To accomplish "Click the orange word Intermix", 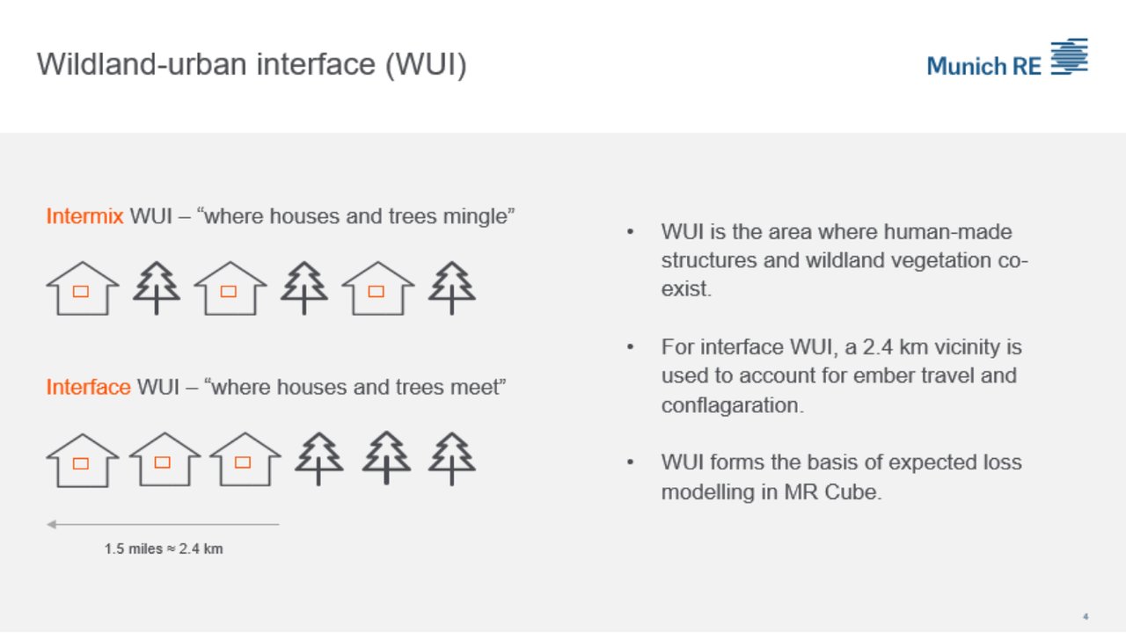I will pyautogui.click(x=84, y=216).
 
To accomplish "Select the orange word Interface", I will pyautogui.click(x=88, y=387).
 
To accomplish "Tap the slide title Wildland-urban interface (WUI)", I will pyautogui.click(x=252, y=65).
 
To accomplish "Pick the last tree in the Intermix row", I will pyautogui.click(x=452, y=287).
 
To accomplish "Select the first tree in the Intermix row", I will pyautogui.click(x=157, y=287).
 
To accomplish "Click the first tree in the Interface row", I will pyautogui.click(x=318, y=458).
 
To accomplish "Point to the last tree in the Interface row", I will pyautogui.click(x=452, y=458).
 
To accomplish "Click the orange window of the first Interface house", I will pyautogui.click(x=81, y=463).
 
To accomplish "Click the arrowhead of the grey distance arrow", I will pyautogui.click(x=51, y=525).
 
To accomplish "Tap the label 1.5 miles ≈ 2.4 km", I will pyautogui.click(x=164, y=549).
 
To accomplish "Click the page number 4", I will pyautogui.click(x=1086, y=615).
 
